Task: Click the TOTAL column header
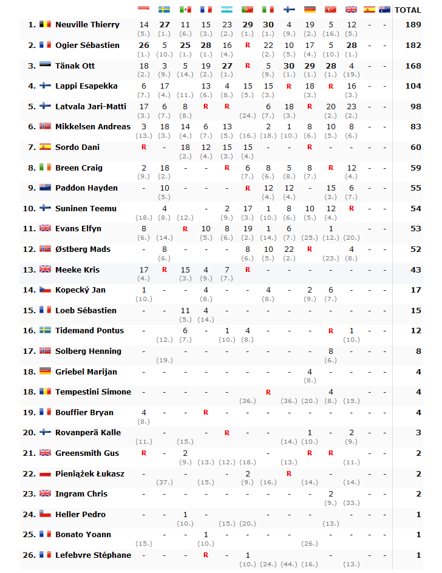407,10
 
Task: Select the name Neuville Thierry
87,25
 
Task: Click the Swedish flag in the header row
164,10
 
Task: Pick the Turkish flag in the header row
330,10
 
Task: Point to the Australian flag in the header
384,10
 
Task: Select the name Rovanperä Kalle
88,433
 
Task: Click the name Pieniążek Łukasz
89,473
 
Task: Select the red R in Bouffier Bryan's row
206,413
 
